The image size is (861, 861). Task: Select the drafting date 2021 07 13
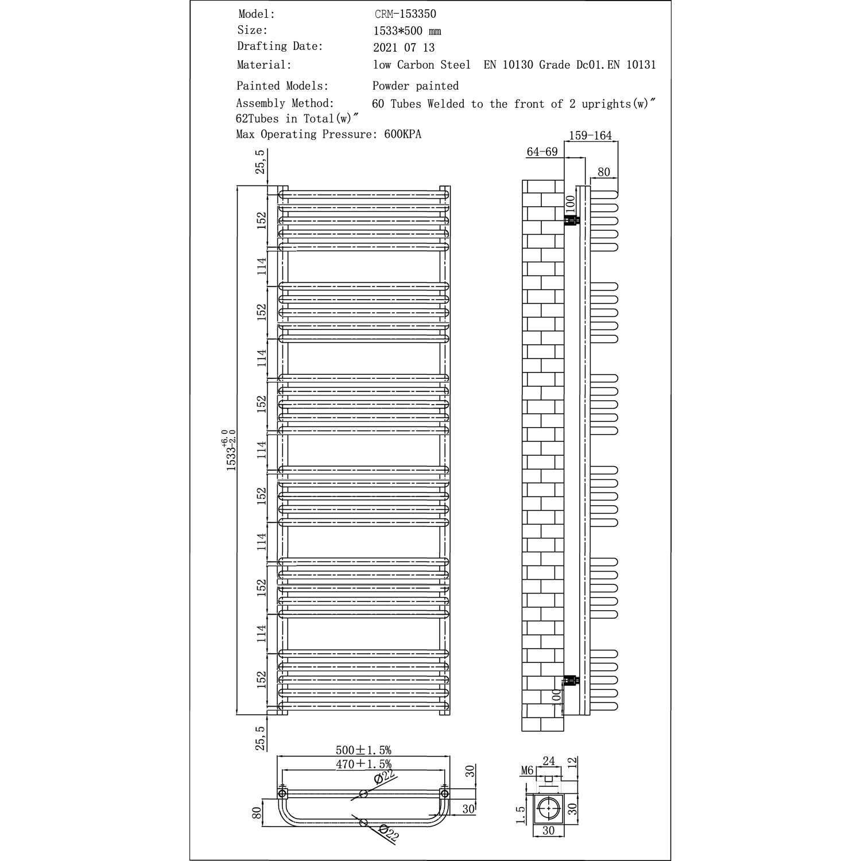point(404,48)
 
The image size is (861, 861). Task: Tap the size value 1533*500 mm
point(407,31)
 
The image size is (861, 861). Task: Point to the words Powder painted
point(416,86)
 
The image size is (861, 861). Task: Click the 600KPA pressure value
point(403,134)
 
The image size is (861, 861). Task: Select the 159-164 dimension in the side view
point(590,136)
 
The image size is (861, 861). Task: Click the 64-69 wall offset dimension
point(542,152)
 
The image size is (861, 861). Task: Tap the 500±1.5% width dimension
point(363,750)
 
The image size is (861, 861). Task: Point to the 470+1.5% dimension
point(363,764)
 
